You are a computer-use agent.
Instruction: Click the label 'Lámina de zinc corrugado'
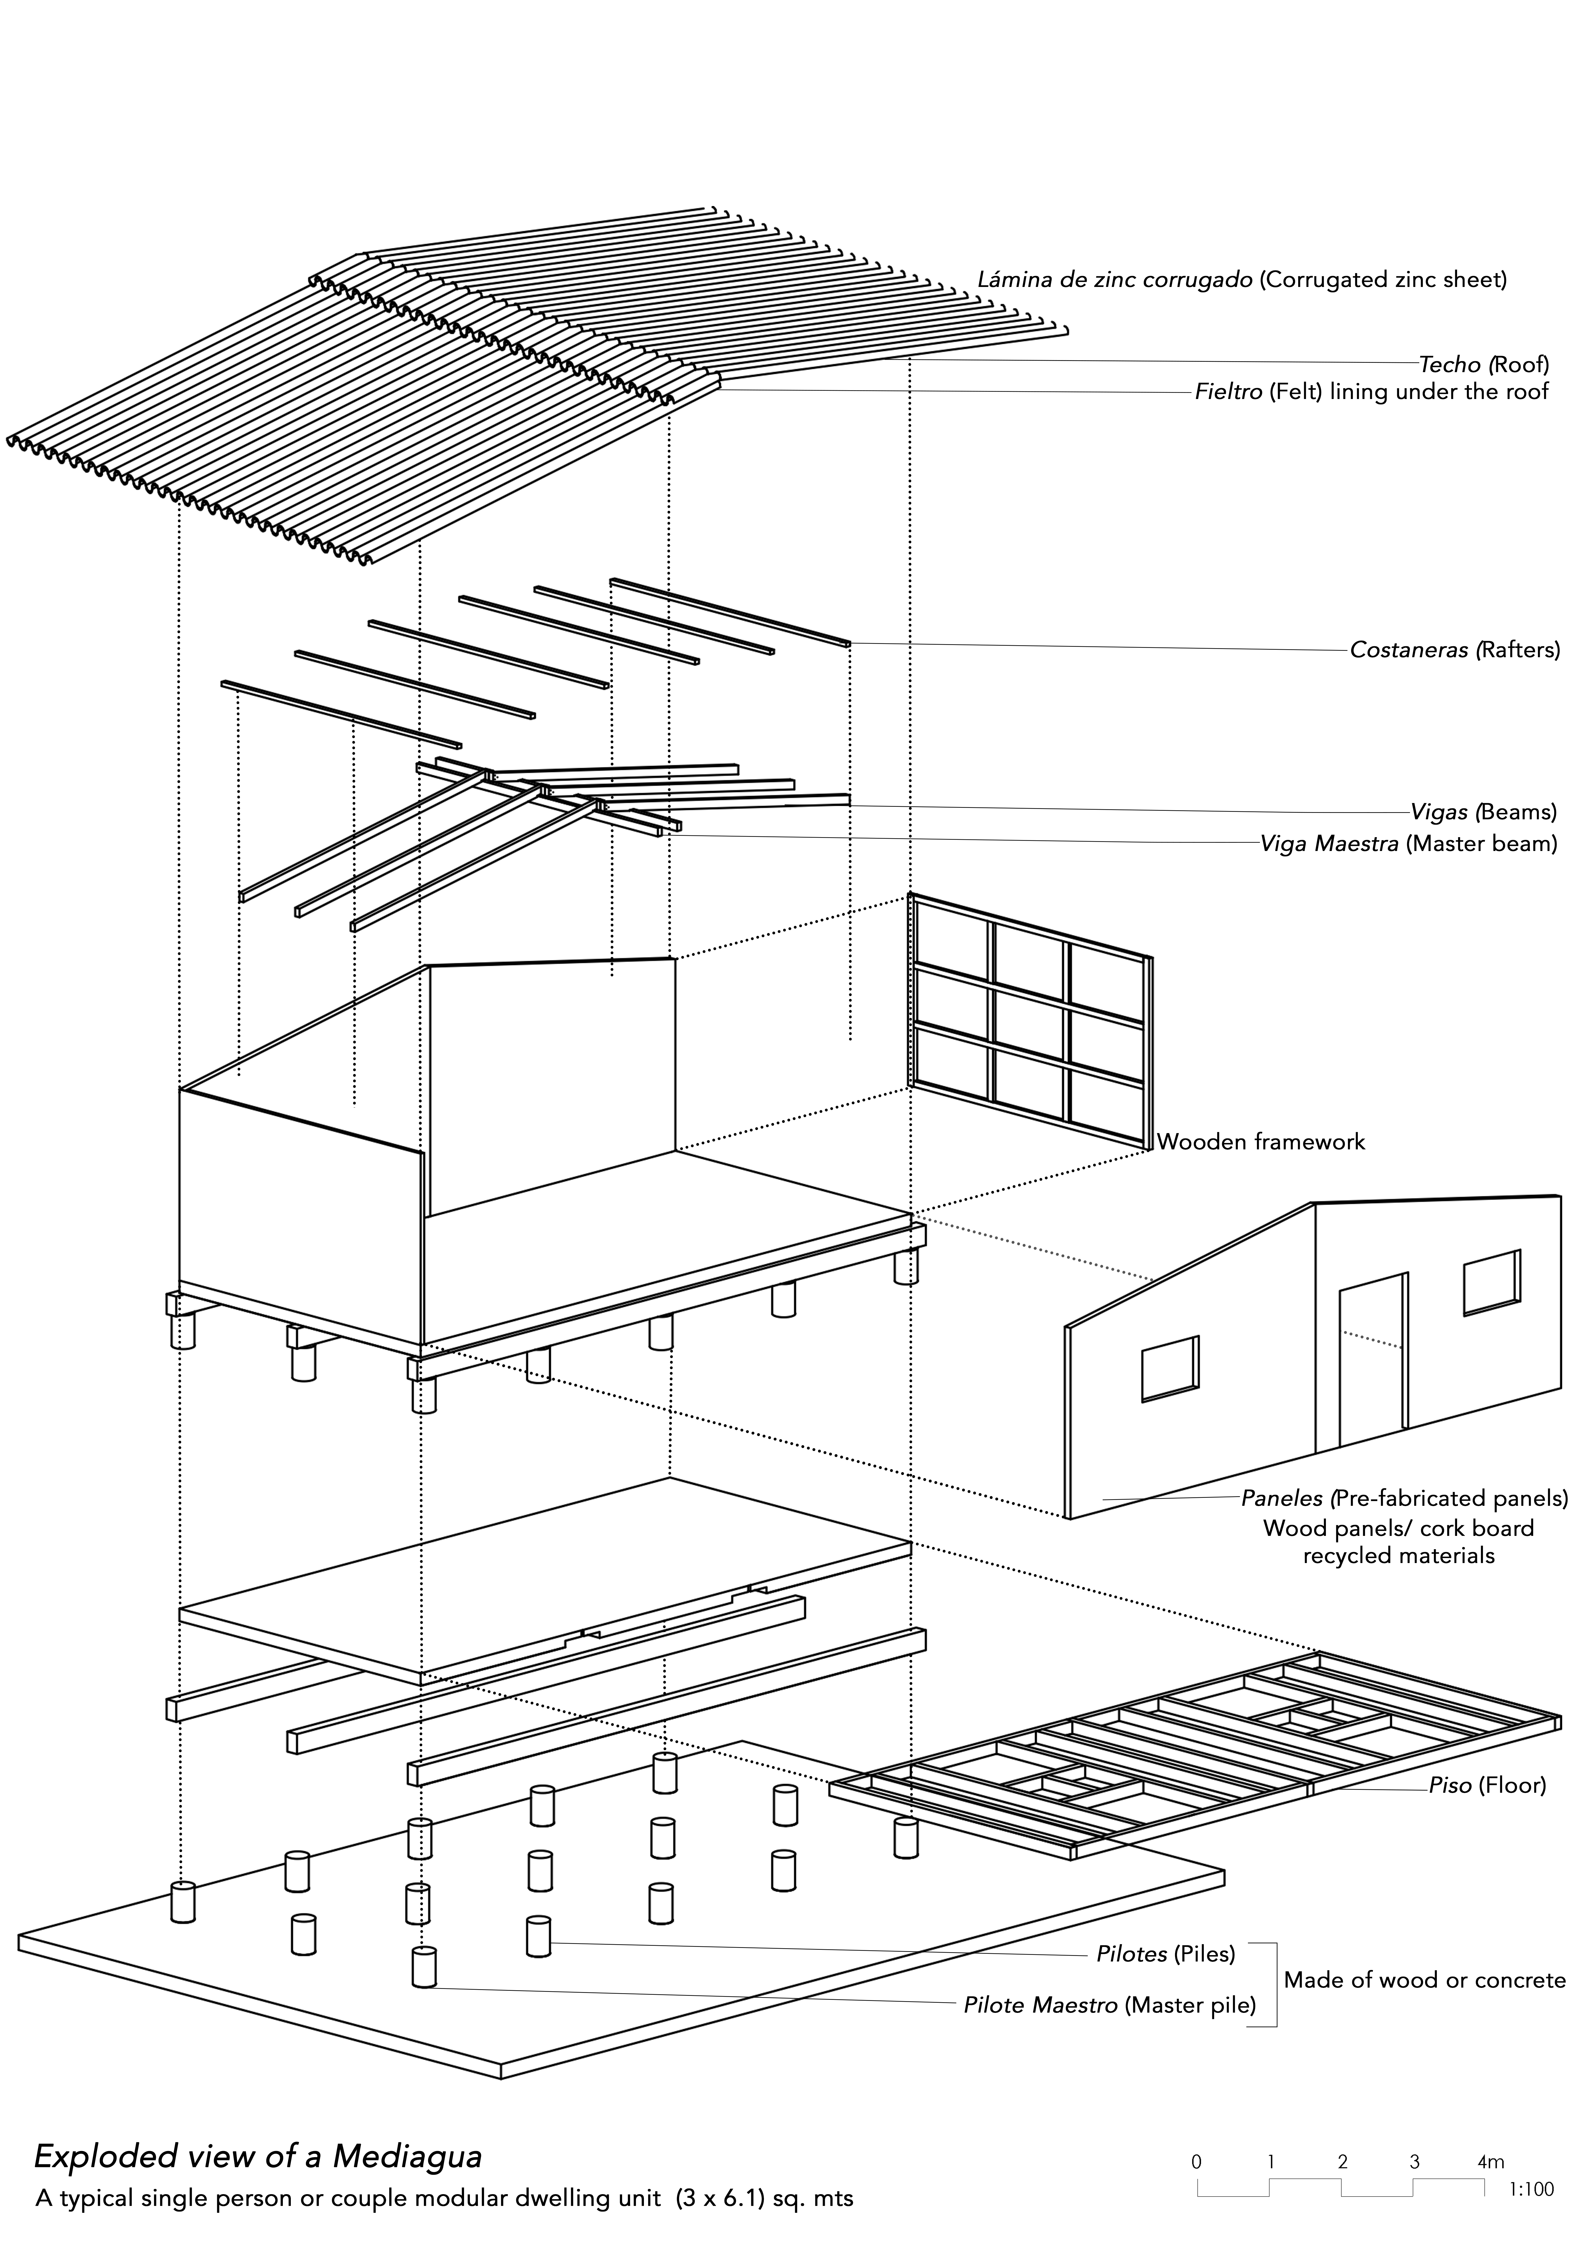click(1115, 280)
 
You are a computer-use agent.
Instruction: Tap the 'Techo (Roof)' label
click(1483, 365)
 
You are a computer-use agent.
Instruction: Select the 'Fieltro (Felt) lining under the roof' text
click(1371, 392)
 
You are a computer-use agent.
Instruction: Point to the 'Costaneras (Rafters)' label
click(1454, 650)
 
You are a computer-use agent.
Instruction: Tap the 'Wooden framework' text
click(1260, 1142)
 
